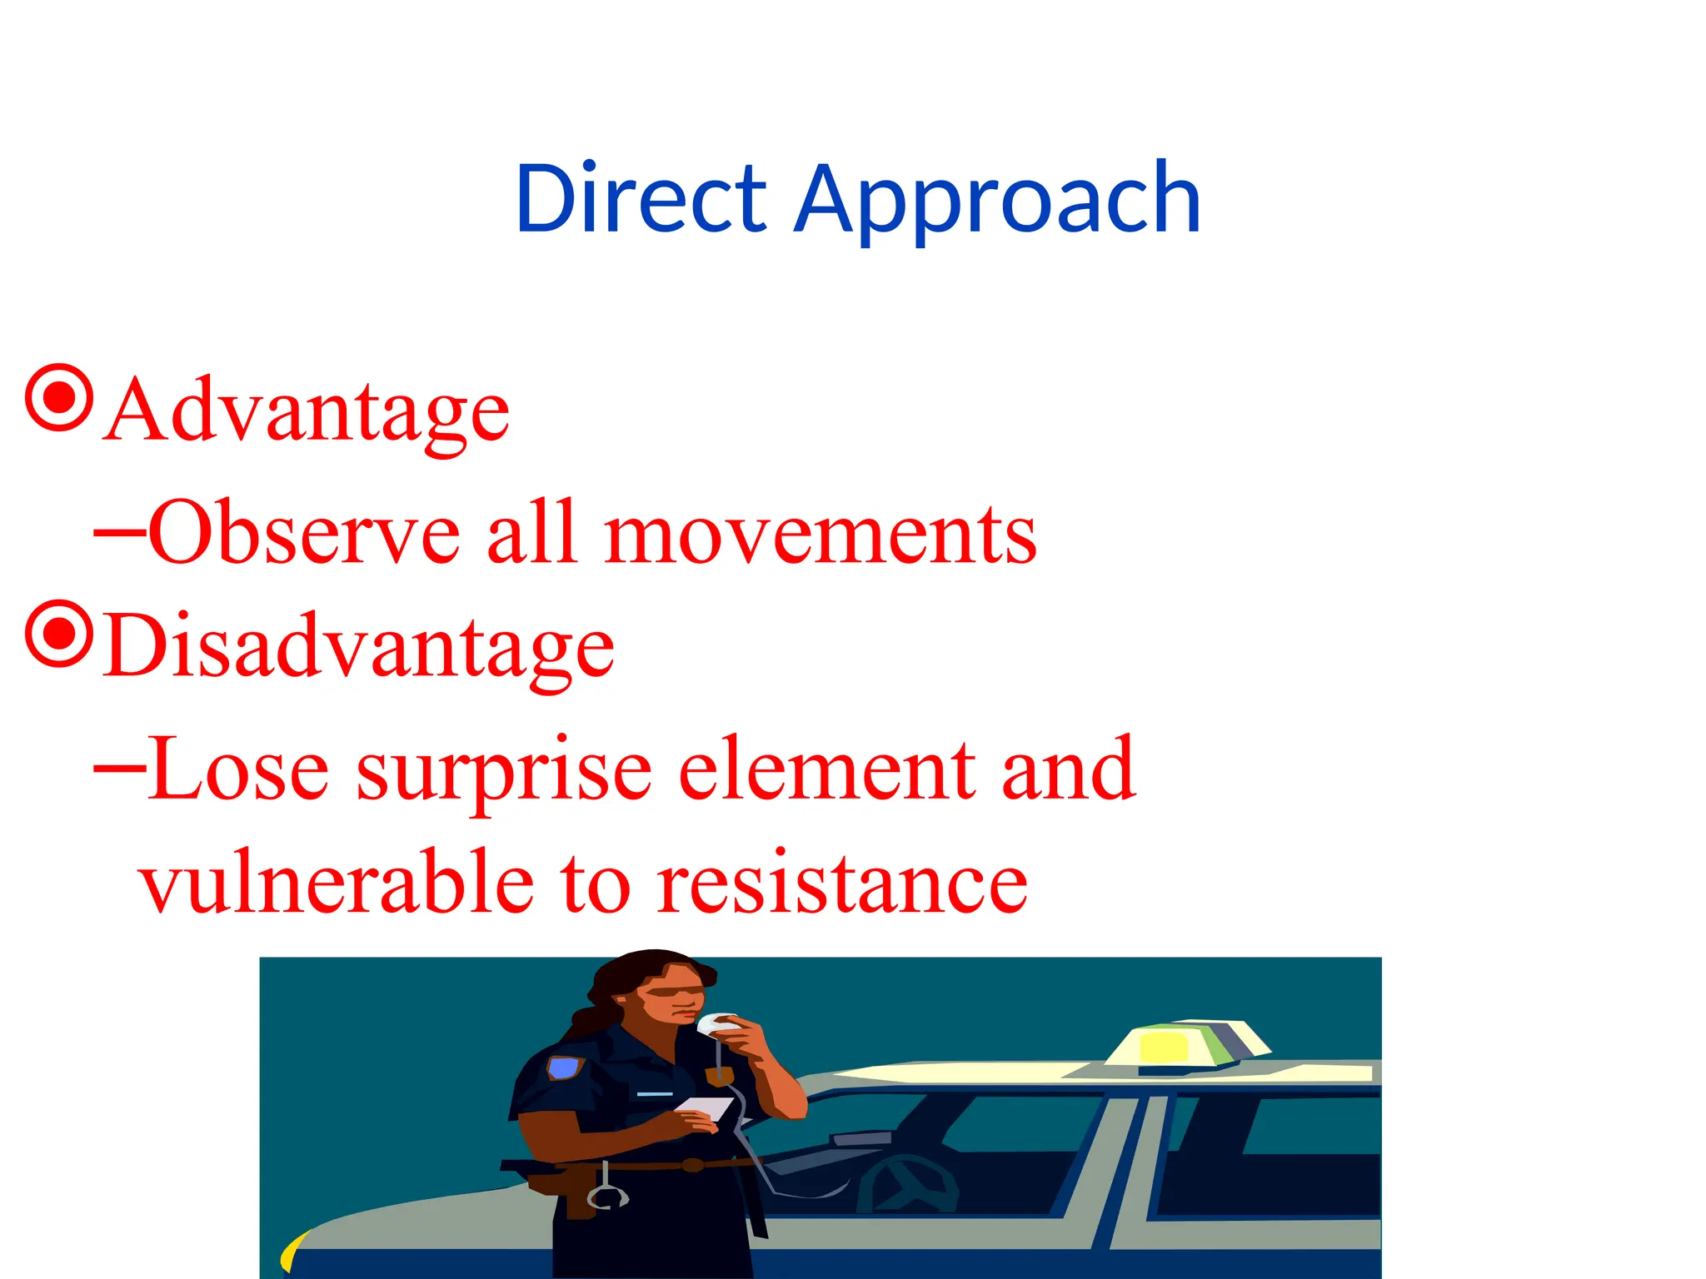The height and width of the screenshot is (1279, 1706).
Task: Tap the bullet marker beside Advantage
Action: (58, 398)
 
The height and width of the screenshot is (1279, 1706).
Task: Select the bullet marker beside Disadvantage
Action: (58, 634)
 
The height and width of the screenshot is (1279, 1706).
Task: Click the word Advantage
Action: (308, 412)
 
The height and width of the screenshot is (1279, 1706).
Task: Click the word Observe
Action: (304, 533)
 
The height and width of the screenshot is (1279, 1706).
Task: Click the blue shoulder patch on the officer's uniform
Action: (564, 1067)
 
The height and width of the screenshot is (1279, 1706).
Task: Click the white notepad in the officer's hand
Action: (704, 1108)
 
